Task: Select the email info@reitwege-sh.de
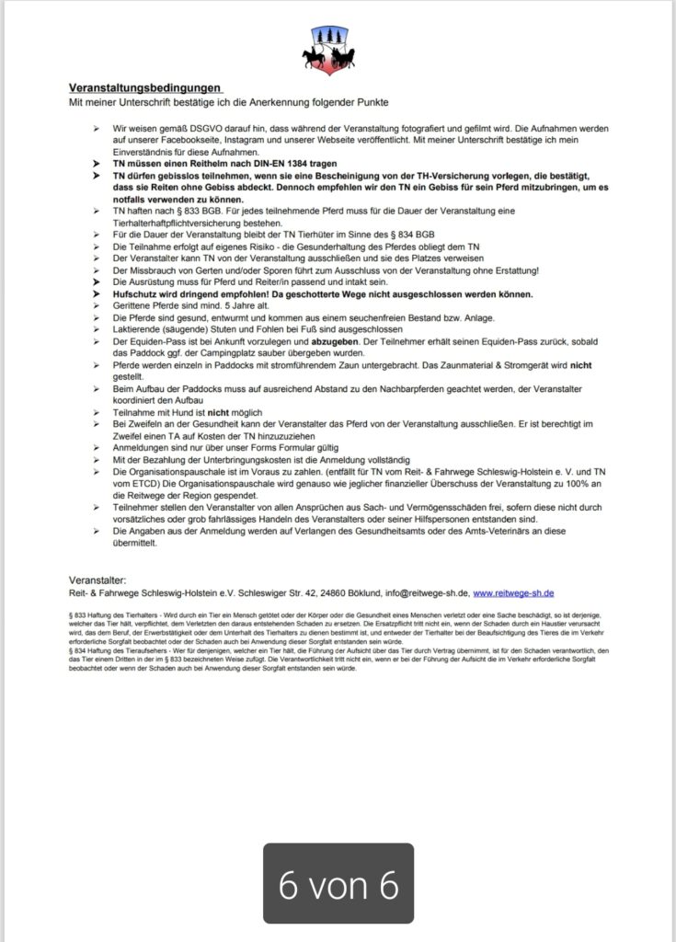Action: tap(423, 594)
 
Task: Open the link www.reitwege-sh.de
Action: tap(513, 594)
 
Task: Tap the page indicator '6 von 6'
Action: tap(338, 885)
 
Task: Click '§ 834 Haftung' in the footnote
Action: tap(96, 649)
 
